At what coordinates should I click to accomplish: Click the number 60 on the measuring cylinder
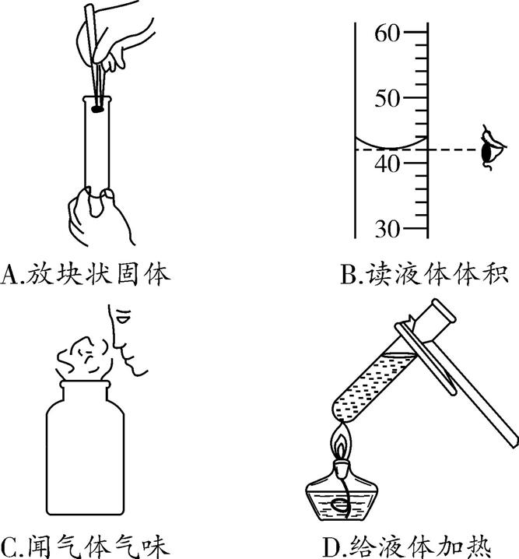(386, 33)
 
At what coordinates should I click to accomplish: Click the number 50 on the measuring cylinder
(386, 99)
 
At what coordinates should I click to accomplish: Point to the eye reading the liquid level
(490, 147)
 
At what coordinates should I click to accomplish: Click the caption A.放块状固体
(86, 274)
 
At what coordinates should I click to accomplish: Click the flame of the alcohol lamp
(342, 444)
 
